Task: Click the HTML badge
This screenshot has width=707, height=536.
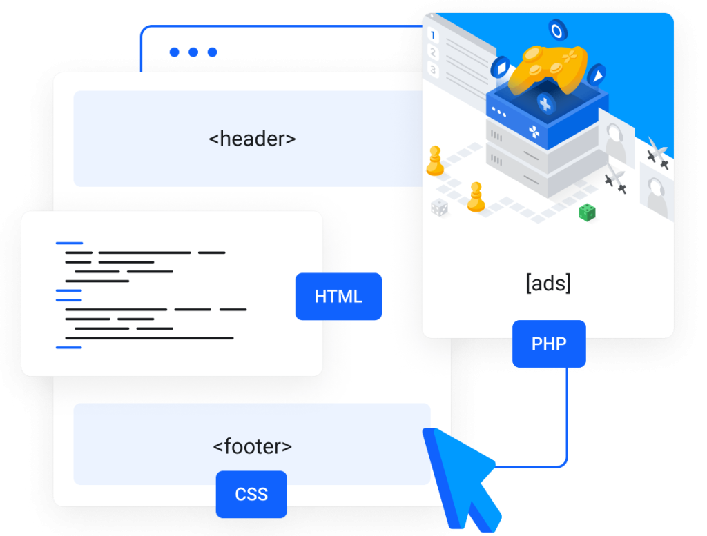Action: [338, 297]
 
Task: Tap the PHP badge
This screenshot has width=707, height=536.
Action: [549, 344]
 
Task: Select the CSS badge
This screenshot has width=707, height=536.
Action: [251, 494]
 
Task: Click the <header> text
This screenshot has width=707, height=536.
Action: [252, 139]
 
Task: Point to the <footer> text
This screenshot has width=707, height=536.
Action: [252, 446]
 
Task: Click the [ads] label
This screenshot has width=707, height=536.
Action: [548, 284]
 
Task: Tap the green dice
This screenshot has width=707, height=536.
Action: [587, 212]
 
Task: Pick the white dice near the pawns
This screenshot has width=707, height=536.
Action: [439, 208]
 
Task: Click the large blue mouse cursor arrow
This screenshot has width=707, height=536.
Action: [461, 479]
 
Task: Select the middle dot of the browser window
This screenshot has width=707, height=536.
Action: [193, 52]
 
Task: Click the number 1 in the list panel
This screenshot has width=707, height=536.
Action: [433, 34]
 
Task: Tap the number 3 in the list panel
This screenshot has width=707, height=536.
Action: [433, 70]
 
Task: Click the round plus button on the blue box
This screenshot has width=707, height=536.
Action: [545, 104]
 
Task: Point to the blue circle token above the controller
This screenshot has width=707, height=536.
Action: [557, 30]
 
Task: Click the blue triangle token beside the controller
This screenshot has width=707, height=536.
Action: [598, 75]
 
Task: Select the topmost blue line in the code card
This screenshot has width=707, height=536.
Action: [70, 244]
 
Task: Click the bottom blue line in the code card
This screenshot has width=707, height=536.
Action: [69, 348]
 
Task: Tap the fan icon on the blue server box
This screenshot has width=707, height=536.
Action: [534, 132]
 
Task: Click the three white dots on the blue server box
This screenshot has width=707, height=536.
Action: [499, 112]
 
